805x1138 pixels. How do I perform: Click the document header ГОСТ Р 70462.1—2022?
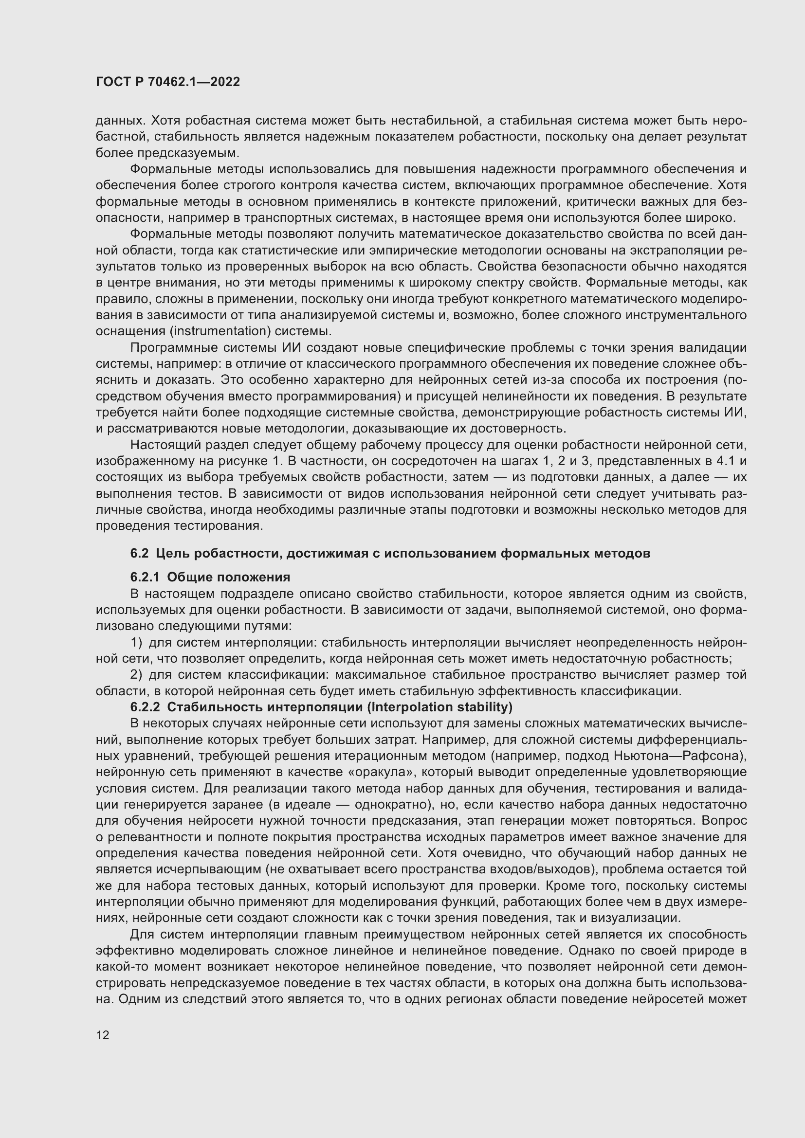(167, 82)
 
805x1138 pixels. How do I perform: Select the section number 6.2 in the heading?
(139, 553)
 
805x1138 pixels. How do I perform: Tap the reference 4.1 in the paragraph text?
(725, 461)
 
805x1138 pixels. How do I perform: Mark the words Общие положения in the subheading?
(229, 577)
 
